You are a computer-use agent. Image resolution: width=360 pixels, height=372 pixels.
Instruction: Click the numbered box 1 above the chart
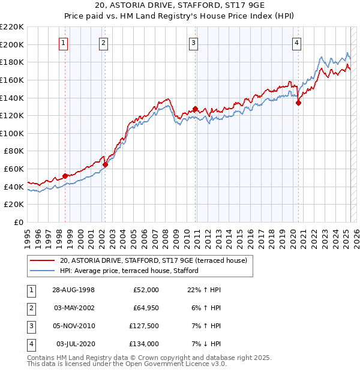(63, 43)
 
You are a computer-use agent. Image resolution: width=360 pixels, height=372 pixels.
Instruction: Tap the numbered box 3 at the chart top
(194, 43)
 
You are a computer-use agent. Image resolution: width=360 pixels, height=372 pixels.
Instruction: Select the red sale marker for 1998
(65, 176)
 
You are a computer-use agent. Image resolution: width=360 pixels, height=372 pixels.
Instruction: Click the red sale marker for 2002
(104, 164)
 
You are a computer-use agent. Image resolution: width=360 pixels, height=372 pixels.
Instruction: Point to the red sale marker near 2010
(195, 109)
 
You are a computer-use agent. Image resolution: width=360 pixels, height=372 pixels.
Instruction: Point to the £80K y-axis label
(14, 151)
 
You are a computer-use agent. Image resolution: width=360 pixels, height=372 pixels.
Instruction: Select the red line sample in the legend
(42, 260)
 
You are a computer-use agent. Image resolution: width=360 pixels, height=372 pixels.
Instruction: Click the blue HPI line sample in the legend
(42, 271)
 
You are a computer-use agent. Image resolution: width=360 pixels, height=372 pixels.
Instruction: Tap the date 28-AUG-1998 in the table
(73, 290)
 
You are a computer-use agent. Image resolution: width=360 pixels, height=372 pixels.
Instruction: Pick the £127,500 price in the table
(143, 326)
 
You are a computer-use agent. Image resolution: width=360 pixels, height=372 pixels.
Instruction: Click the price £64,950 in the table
(145, 308)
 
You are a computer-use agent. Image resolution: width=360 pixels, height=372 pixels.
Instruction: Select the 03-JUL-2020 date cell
(76, 344)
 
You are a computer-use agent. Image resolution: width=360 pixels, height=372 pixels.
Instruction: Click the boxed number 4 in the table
(31, 344)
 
